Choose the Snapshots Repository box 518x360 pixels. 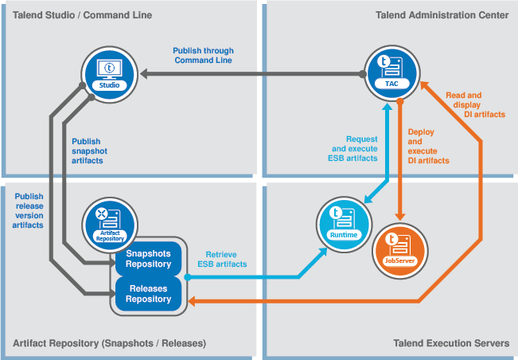(148, 259)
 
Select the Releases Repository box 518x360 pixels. (148, 293)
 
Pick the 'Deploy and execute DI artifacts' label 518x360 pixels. (427, 146)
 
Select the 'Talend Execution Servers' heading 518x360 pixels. (451, 343)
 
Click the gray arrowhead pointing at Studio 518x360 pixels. (146, 73)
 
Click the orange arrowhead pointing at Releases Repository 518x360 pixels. (192, 300)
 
